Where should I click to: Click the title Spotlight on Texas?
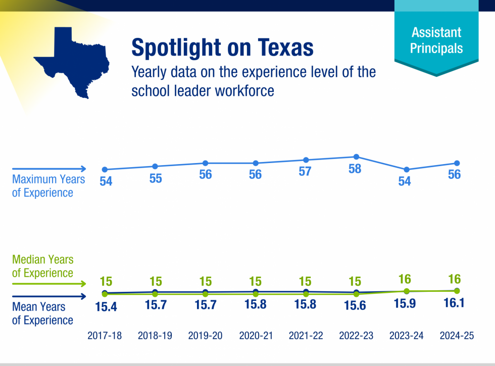click(x=222, y=47)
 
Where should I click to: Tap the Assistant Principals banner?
click(x=436, y=40)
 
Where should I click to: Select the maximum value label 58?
click(x=355, y=169)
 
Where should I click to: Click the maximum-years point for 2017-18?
click(x=105, y=170)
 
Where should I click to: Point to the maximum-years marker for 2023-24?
click(x=406, y=170)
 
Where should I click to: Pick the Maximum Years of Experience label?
click(x=48, y=186)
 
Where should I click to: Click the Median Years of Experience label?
click(x=42, y=266)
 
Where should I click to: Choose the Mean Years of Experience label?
click(x=42, y=313)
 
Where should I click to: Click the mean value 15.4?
click(x=106, y=306)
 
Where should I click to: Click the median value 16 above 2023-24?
click(x=405, y=279)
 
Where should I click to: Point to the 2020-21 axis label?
click(x=256, y=336)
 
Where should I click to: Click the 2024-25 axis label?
click(x=457, y=336)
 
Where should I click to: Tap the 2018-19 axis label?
click(x=155, y=336)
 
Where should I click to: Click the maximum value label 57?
click(x=305, y=172)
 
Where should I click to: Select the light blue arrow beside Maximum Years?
click(x=49, y=169)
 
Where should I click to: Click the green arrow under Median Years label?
click(x=49, y=285)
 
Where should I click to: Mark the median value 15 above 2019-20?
click(x=206, y=281)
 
